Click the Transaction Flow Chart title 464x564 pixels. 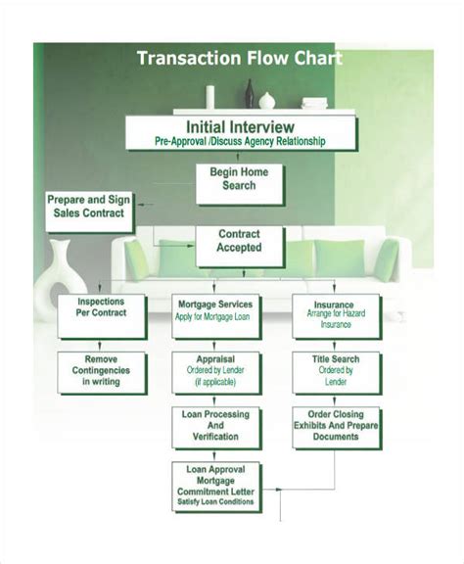tap(240, 58)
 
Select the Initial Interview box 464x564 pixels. tap(240, 133)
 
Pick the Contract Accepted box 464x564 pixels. tap(239, 242)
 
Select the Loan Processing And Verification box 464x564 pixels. tap(216, 426)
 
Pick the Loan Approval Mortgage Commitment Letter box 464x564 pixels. tap(216, 486)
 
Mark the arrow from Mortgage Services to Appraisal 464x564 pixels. tap(216, 344)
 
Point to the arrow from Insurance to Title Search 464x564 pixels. tap(336, 344)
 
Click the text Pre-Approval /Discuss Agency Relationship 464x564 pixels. tap(240, 142)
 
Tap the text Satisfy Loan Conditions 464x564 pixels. tap(216, 502)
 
